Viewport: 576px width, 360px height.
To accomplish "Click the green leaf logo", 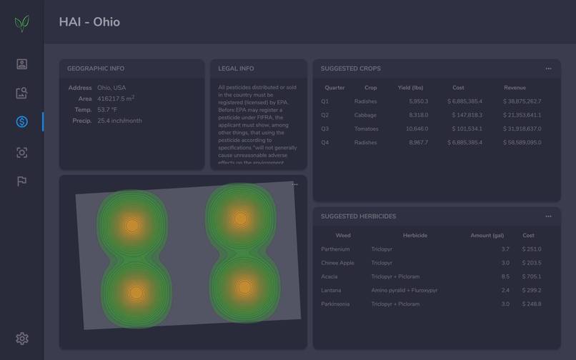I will coord(22,24).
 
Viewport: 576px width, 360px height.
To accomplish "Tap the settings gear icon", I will coord(22,339).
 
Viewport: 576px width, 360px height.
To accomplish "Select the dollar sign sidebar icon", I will coord(22,122).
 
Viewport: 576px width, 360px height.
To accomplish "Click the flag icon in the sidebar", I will coord(22,181).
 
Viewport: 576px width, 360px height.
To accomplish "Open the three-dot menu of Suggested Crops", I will coord(548,69).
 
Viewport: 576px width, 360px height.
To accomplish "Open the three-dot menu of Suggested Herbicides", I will coord(548,216).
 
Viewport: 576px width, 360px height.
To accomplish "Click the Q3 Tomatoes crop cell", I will coord(366,129).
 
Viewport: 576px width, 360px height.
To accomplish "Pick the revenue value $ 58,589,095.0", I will coord(522,143).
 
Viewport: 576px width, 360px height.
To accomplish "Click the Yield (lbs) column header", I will coord(410,88).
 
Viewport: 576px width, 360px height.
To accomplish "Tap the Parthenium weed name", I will coord(335,249).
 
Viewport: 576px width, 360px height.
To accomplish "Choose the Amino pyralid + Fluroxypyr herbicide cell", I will coord(404,291).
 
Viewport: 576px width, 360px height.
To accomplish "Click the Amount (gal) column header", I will coord(487,236).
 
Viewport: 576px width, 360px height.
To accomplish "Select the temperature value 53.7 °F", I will coord(107,110).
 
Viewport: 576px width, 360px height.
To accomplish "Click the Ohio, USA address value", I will coord(111,88).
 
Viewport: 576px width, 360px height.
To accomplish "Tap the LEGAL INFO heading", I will coord(236,69).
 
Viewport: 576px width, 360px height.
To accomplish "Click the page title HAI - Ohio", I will coord(89,22).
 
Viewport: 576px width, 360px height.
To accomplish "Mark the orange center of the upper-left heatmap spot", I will coord(132,226).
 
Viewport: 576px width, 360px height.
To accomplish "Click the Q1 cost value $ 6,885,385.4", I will coord(465,101).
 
